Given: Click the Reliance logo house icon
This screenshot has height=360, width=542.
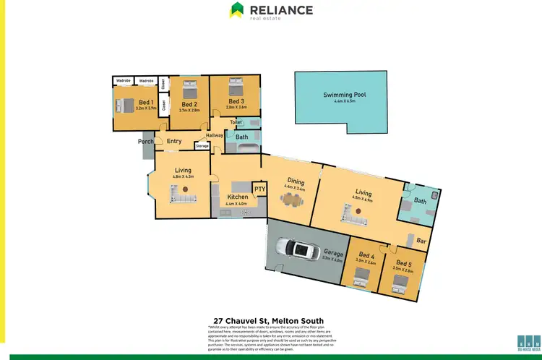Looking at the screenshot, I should coord(237,10).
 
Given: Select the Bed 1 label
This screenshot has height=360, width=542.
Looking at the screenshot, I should coord(145,102).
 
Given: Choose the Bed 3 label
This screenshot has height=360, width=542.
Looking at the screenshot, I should coord(236,102).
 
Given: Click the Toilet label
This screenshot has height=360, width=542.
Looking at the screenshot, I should coord(236,123).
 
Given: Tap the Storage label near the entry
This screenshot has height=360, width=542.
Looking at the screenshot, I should coord(202,146).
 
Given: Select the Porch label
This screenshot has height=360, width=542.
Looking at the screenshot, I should coord(147,142).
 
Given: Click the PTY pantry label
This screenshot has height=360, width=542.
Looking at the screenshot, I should coord(259,189).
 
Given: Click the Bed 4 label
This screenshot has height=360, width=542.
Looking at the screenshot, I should coord(366,255).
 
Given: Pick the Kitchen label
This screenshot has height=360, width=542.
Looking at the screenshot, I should coord(237,197).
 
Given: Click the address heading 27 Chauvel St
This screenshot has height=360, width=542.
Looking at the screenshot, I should coord(268,320).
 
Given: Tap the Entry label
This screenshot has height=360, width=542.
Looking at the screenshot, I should coord(174,142).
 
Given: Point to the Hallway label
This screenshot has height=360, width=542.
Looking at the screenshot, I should coord(215,135).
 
